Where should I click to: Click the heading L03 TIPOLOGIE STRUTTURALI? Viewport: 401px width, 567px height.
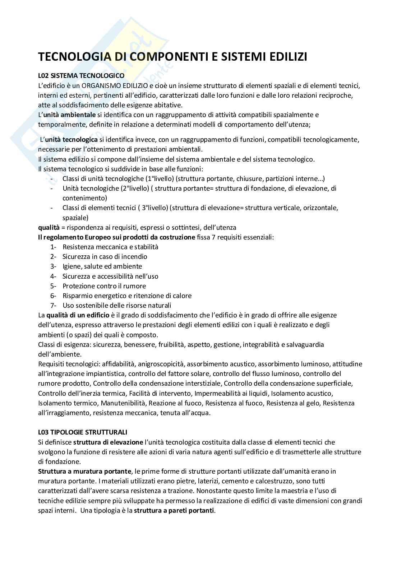click(83, 432)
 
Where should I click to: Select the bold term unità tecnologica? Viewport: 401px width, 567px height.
click(71, 139)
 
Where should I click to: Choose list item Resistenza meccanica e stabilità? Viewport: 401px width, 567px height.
click(110, 247)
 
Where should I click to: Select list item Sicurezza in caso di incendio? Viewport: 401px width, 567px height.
click(105, 256)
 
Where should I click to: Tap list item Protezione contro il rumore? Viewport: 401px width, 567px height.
click(104, 286)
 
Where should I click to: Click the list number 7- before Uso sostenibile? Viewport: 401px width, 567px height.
click(54, 306)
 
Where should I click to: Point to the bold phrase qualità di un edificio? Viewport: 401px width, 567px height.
click(78, 315)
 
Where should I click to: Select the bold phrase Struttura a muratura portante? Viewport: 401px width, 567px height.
click(86, 471)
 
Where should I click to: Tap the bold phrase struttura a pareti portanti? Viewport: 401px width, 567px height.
click(174, 510)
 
